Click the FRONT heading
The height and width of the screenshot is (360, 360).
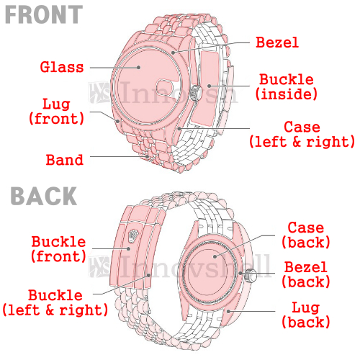[x=44, y=15]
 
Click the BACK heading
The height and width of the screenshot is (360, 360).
[x=44, y=196]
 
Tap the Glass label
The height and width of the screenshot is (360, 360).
[x=62, y=67]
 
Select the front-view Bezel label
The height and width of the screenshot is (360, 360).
[x=277, y=42]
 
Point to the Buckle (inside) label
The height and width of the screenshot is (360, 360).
[x=287, y=87]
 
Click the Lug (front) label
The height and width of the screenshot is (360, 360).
[x=57, y=112]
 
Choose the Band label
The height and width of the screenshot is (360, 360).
[x=65, y=160]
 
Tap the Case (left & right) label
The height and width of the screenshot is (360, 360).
[x=302, y=135]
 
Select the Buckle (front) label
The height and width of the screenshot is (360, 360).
[x=58, y=249]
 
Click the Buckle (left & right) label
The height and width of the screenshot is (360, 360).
[x=55, y=302]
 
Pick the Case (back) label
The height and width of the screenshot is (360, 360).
[x=306, y=235]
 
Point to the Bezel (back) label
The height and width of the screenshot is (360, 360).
[x=306, y=274]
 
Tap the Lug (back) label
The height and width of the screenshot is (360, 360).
[x=306, y=315]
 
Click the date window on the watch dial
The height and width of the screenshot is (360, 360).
[x=164, y=88]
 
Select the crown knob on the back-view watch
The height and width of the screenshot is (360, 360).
[x=251, y=276]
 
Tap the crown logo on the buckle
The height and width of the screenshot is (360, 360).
[x=133, y=235]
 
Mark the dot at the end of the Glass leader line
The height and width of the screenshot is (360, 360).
[x=138, y=68]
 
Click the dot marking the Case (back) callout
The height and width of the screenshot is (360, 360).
[x=215, y=256]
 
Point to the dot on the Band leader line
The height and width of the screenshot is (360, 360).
[x=147, y=156]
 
